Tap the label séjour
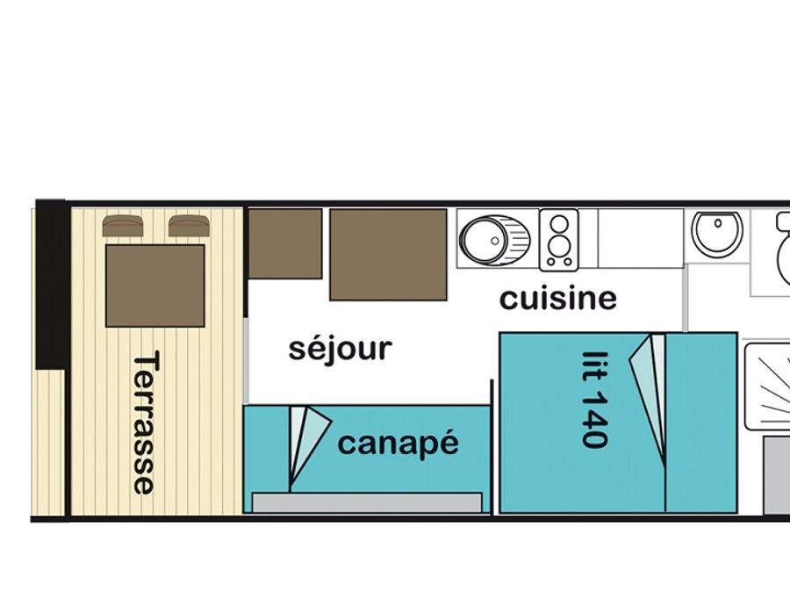(x=340, y=348)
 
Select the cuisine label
(x=558, y=299)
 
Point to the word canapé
(x=398, y=443)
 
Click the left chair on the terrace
(x=122, y=226)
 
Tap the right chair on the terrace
(x=189, y=226)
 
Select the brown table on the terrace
(x=155, y=286)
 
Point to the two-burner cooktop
(x=559, y=241)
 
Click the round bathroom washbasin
(x=717, y=231)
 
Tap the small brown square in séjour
(x=285, y=243)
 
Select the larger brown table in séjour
(x=389, y=255)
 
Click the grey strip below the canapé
(x=367, y=503)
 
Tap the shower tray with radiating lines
(x=767, y=387)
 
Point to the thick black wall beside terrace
(x=50, y=285)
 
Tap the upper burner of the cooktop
(x=559, y=223)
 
